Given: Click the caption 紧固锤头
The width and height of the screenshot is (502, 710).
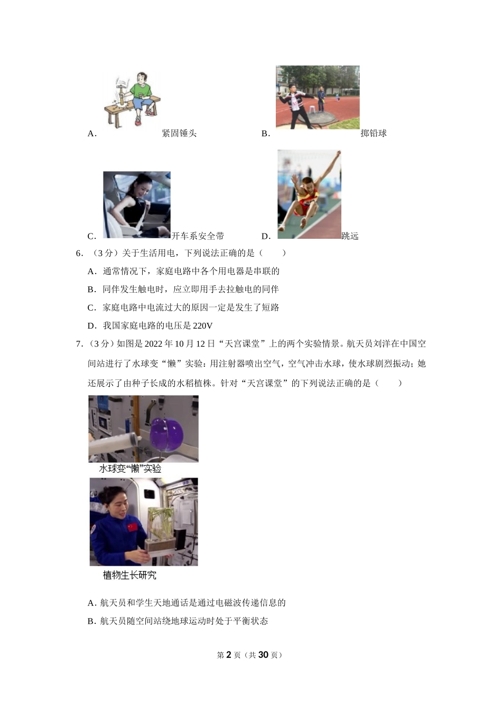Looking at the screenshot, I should [179, 134].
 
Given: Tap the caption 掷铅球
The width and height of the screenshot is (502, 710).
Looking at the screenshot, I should [374, 134].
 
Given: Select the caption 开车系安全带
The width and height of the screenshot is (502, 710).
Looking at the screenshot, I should [198, 236].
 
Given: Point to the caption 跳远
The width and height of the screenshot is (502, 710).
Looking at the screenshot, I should [350, 236].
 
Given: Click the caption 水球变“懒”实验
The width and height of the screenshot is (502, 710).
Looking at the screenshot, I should [130, 469].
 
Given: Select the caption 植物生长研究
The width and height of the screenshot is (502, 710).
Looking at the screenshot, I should [129, 575].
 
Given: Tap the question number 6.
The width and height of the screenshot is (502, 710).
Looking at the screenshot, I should [80, 253].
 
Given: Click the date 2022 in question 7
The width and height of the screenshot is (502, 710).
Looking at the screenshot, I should [153, 344].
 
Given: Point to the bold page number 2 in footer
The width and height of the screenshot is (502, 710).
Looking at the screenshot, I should [229, 655].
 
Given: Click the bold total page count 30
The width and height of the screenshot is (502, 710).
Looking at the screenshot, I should [264, 655].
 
